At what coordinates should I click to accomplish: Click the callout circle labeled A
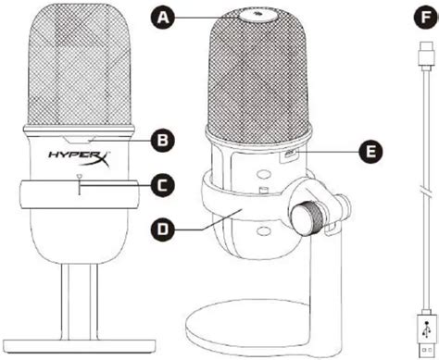pos(163,18)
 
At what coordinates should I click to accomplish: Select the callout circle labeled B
pos(163,141)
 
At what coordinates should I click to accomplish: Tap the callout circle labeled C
pos(163,185)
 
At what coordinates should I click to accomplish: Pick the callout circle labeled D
pos(163,230)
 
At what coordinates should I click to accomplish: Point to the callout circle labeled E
pos(370,152)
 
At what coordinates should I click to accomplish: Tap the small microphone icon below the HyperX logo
pos(80,177)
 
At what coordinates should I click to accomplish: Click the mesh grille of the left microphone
pos(80,64)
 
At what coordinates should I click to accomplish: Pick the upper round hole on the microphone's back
pos(263,174)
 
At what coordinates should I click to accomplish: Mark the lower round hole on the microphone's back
pos(264,230)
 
